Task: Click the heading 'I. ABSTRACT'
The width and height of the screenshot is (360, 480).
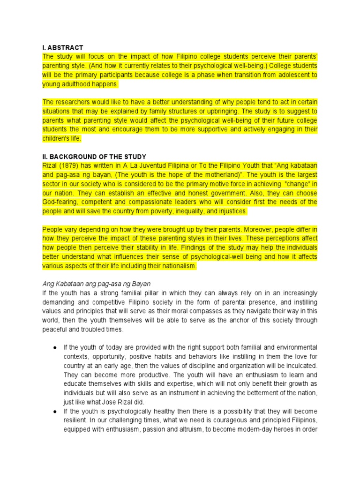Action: (63, 47)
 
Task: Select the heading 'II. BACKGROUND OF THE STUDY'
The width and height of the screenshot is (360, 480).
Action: (94, 157)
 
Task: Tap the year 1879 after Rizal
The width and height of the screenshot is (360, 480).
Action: (67, 165)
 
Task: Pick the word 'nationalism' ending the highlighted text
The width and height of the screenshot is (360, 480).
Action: (179, 266)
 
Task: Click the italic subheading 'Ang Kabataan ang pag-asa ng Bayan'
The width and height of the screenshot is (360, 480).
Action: (96, 284)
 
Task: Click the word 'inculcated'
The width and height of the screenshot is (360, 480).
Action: (301, 366)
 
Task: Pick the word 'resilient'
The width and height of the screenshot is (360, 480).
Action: (77, 420)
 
